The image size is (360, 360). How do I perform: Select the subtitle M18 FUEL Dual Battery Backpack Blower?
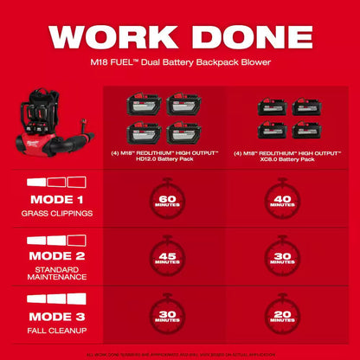click(180, 63)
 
